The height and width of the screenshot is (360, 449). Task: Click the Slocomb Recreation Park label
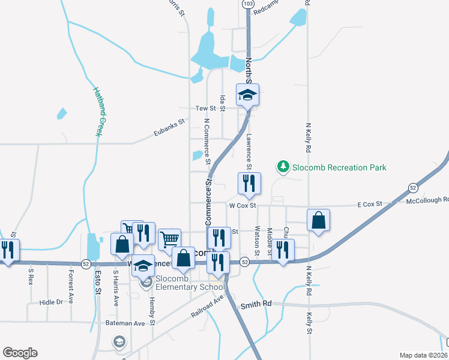pyautogui.click(x=339, y=167)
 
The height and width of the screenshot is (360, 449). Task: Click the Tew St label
pyautogui.click(x=205, y=109)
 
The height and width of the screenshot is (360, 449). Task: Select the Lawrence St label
pyautogui.click(x=249, y=151)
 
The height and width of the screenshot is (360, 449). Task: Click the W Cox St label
pyautogui.click(x=243, y=205)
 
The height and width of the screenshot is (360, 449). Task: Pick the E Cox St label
pyautogui.click(x=370, y=205)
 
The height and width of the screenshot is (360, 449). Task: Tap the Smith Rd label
pyautogui.click(x=256, y=304)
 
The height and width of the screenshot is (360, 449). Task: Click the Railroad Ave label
pyautogui.click(x=207, y=305)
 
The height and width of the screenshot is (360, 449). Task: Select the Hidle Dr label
pyautogui.click(x=51, y=302)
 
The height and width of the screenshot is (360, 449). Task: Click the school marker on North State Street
pyautogui.click(x=247, y=95)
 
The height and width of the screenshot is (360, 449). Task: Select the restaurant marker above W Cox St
pyautogui.click(x=249, y=185)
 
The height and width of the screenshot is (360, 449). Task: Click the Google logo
pyautogui.click(x=20, y=353)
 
